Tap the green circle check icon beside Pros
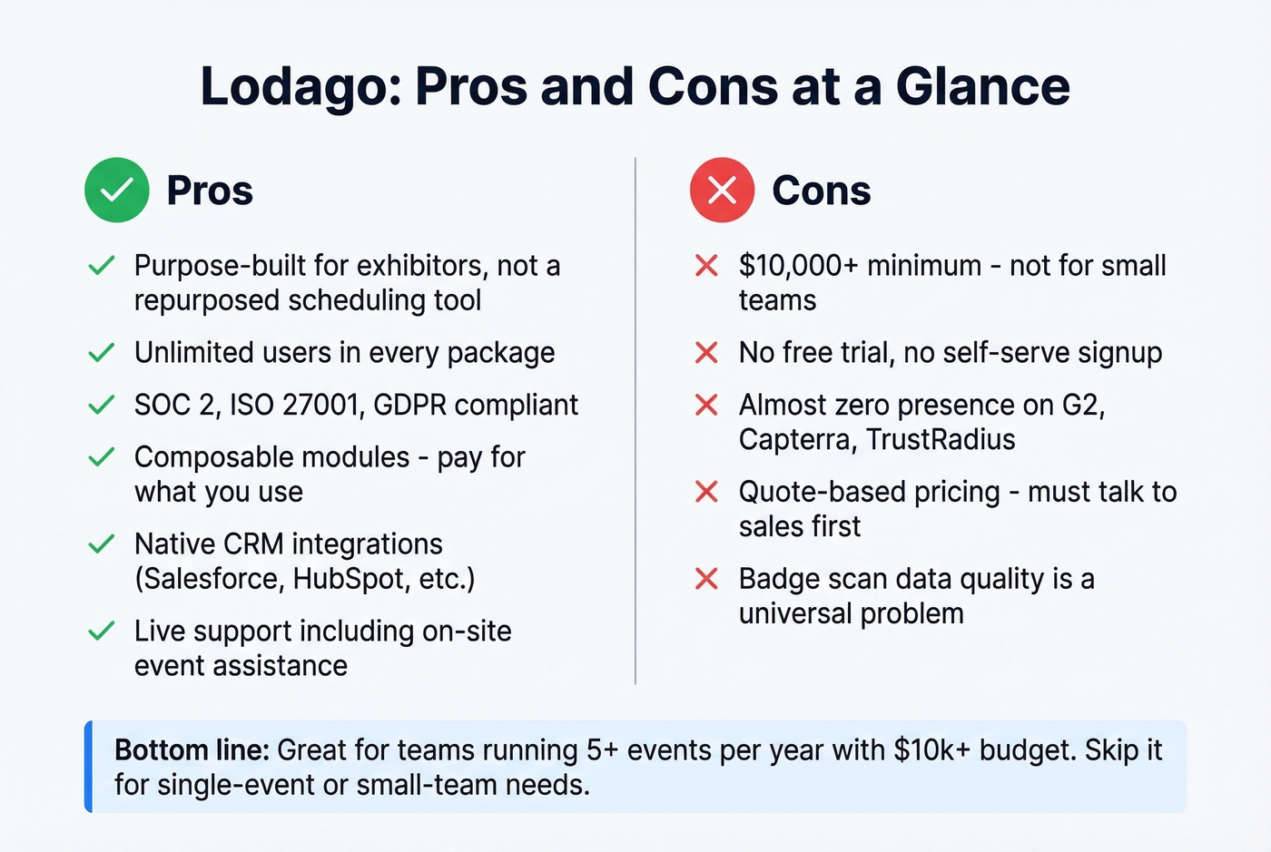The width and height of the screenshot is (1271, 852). (117, 191)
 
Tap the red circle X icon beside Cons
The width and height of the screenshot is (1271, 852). (722, 191)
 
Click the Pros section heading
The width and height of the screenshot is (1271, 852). (210, 191)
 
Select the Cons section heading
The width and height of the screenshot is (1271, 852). (821, 191)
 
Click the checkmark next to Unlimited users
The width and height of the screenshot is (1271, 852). (102, 352)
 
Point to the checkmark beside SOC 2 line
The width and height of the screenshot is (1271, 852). (102, 405)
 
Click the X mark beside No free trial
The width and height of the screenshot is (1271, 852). (706, 352)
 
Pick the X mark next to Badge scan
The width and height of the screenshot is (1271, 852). (706, 579)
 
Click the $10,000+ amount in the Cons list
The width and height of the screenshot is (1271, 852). (798, 266)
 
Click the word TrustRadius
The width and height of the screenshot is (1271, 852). (941, 439)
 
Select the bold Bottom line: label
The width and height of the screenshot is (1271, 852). (192, 750)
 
